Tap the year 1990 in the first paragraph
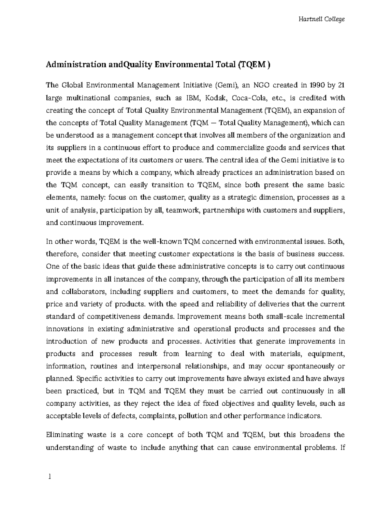click(314, 86)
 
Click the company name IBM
click(192, 98)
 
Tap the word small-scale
click(283, 316)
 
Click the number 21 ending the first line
click(341, 86)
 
